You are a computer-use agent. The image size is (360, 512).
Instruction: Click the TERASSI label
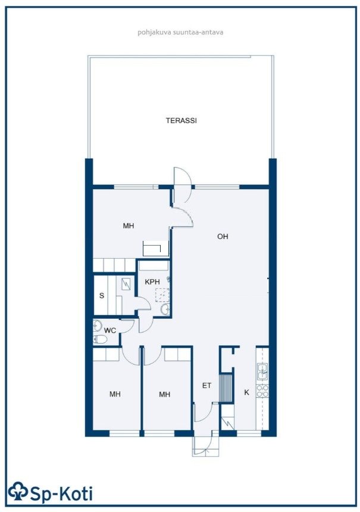pyautogui.click(x=181, y=121)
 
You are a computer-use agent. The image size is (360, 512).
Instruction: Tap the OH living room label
pyautogui.click(x=223, y=237)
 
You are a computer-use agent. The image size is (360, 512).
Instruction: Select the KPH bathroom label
pyautogui.click(x=152, y=282)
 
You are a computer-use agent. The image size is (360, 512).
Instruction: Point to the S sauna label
pyautogui.click(x=102, y=296)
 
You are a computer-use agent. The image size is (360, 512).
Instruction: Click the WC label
pyautogui.click(x=110, y=331)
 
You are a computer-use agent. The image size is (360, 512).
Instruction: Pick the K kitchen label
pyautogui.click(x=246, y=392)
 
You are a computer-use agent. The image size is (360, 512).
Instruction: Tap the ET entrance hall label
pyautogui.click(x=207, y=385)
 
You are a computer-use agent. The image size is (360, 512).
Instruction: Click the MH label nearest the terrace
pyautogui.click(x=129, y=225)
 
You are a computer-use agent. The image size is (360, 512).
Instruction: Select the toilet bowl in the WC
pyautogui.click(x=99, y=340)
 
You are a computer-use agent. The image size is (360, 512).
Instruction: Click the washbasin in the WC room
pyautogui.click(x=98, y=325)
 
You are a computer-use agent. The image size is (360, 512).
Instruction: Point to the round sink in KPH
pyautogui.click(x=165, y=309)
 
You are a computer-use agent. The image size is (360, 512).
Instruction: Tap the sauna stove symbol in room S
pyautogui.click(x=126, y=284)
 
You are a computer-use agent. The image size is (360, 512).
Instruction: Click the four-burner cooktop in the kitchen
pyautogui.click(x=262, y=391)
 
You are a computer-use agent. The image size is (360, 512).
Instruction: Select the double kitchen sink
pyautogui.click(x=262, y=372)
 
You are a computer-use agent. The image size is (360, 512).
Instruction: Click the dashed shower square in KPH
pyautogui.click(x=162, y=295)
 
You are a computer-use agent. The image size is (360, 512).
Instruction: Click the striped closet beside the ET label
pyautogui.click(x=226, y=388)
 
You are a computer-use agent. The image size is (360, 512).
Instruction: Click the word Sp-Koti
pyautogui.click(x=61, y=493)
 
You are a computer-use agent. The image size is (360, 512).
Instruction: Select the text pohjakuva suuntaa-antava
pyautogui.click(x=180, y=32)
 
